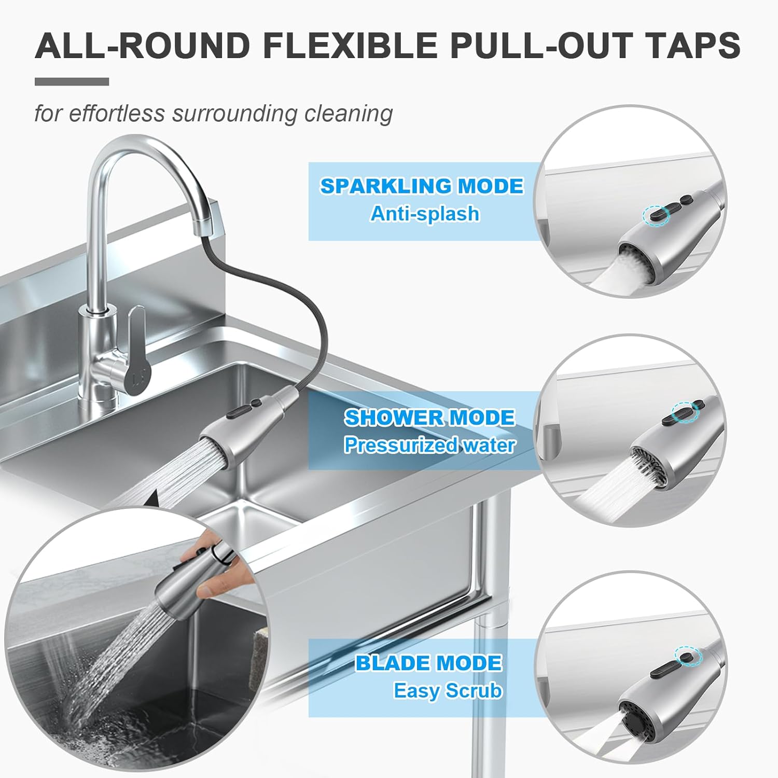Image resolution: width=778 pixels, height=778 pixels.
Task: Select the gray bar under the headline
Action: click(72, 81)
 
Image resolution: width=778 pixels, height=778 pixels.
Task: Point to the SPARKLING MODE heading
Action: click(422, 186)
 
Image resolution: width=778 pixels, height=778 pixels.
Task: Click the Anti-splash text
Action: click(425, 214)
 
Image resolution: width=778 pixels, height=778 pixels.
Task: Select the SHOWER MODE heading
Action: click(429, 418)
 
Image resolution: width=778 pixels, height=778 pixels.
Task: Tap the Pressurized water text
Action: click(429, 445)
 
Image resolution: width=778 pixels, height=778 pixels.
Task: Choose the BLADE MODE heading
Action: click(428, 663)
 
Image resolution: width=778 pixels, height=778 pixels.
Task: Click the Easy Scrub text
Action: click(448, 691)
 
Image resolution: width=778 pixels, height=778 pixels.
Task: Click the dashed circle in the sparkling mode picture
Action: click(656, 215)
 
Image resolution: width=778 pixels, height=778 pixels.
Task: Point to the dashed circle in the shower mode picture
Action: click(685, 410)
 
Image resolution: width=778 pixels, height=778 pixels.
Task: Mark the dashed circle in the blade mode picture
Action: click(688, 657)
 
